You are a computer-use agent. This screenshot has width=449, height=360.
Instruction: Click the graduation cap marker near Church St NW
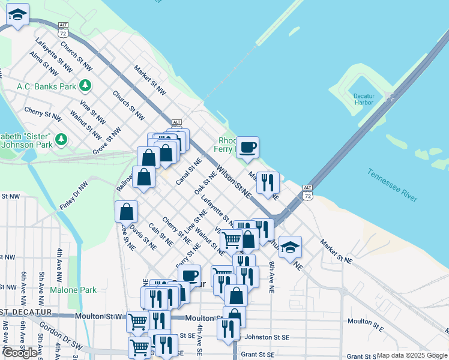18,16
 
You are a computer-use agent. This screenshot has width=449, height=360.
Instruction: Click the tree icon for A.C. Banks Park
86,86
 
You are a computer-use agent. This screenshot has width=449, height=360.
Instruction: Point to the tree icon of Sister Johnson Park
61,140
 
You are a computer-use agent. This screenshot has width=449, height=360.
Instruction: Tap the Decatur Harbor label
363,99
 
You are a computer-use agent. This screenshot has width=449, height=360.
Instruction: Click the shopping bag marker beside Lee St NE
127,212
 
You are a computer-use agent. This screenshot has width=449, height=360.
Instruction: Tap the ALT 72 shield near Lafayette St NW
64,30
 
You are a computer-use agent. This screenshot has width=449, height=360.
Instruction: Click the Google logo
20,352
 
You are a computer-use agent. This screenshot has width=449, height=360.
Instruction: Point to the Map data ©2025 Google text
412,355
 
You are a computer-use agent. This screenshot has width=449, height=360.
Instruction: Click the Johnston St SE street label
266,337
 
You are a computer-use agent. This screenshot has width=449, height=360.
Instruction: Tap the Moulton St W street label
99,316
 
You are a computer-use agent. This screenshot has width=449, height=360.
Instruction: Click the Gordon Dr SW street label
54,340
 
